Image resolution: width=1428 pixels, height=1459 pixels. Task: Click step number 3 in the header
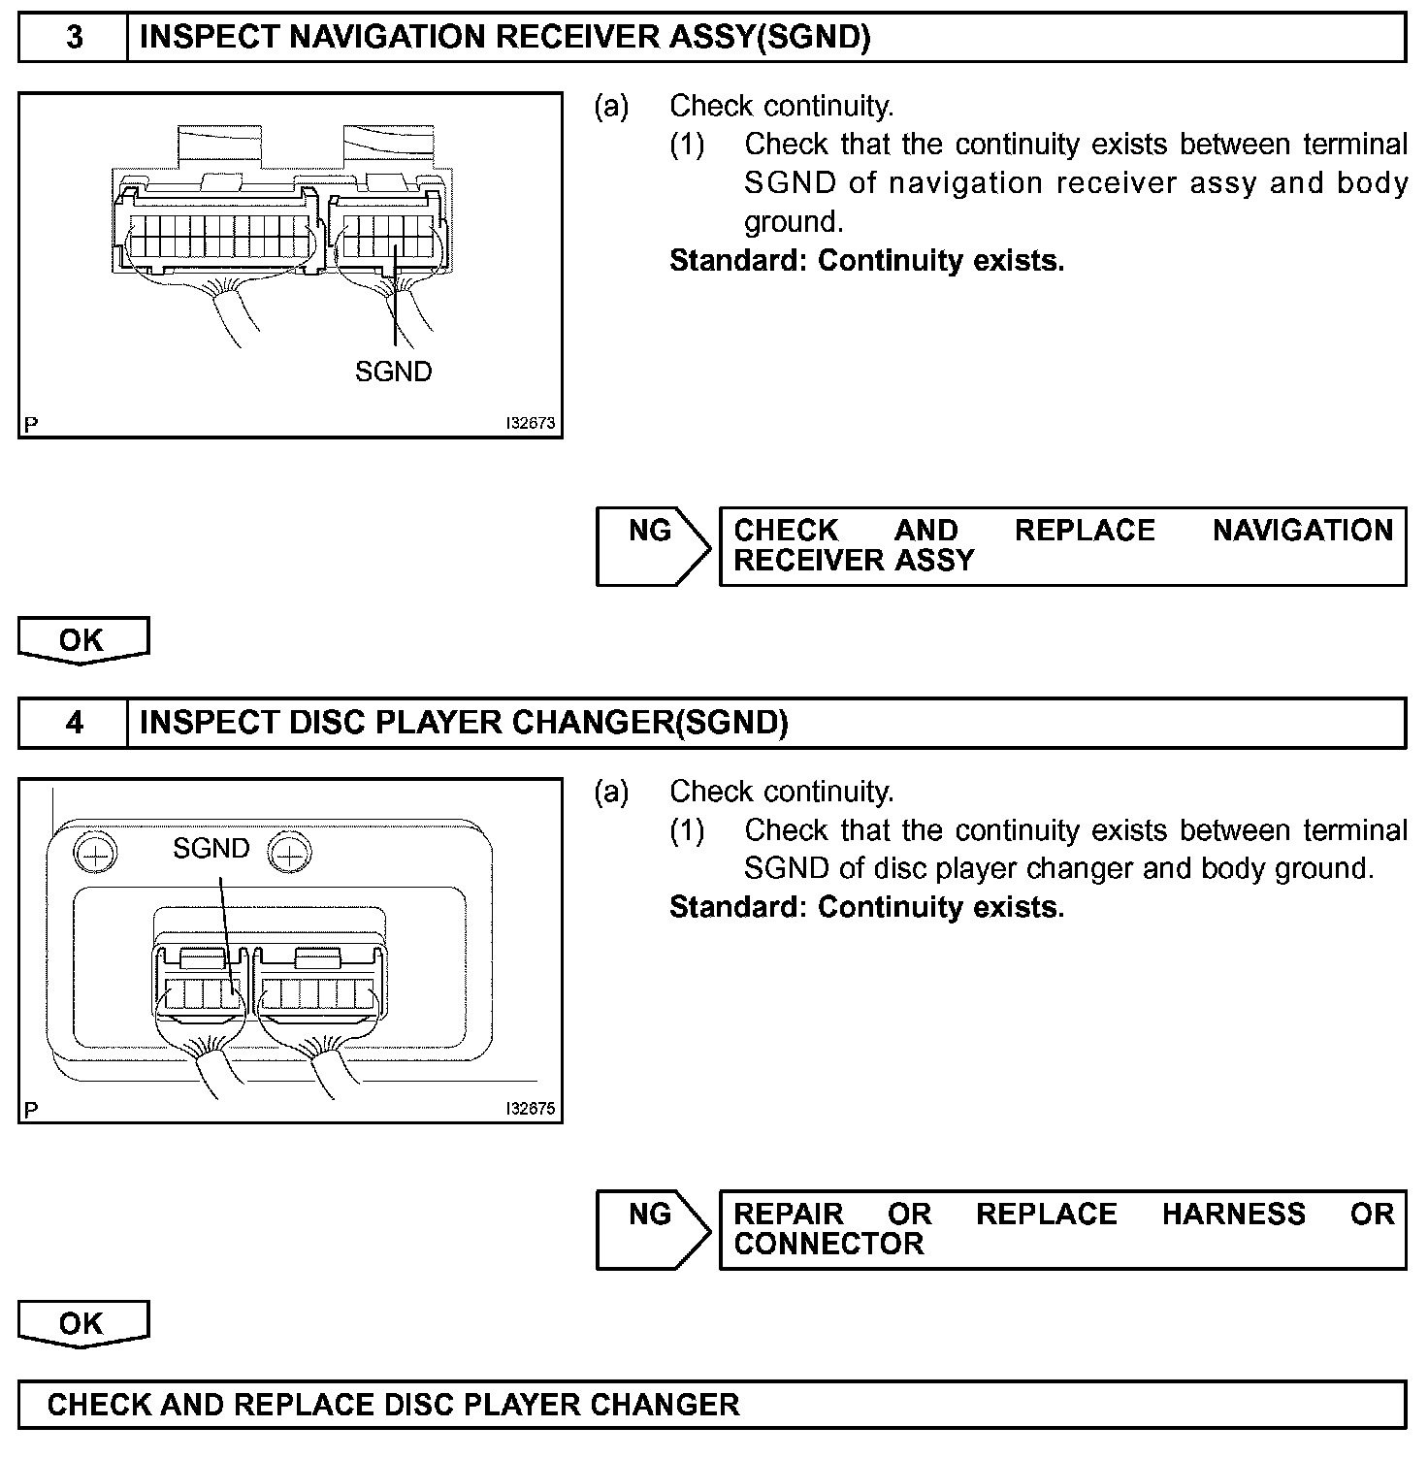click(x=74, y=38)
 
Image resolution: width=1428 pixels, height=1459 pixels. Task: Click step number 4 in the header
click(x=74, y=723)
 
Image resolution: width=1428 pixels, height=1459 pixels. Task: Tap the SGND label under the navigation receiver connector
click(x=393, y=372)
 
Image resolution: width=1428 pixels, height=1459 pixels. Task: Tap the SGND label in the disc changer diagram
click(x=211, y=849)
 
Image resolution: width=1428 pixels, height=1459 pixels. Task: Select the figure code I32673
click(x=530, y=424)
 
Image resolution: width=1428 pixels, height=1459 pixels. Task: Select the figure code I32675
click(x=530, y=1109)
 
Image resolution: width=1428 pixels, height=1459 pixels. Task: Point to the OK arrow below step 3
click(x=82, y=641)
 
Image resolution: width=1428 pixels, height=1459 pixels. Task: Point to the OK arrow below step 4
click(x=82, y=1325)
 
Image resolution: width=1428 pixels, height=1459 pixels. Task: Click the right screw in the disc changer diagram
click(x=288, y=854)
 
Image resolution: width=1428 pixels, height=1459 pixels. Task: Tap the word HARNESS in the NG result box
click(x=1233, y=1215)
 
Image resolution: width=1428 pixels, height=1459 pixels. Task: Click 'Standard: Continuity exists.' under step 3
click(x=866, y=261)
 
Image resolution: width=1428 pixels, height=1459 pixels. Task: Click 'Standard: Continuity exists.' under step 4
click(x=866, y=907)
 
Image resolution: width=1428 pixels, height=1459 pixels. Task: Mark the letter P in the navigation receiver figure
click(x=31, y=425)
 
